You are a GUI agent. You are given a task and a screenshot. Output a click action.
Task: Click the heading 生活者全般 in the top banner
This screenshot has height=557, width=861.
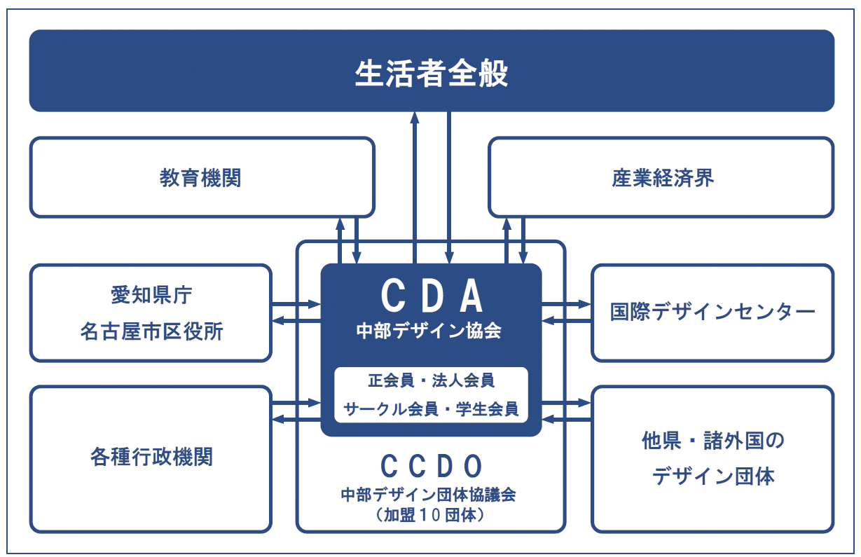431,73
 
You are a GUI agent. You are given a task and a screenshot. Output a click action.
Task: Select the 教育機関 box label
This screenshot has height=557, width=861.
200,178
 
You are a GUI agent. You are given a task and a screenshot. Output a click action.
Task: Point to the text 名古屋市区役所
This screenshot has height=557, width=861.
151,331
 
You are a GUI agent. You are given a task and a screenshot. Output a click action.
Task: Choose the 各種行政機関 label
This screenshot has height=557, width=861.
151,457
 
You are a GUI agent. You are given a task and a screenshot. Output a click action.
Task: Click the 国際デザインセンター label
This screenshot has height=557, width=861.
712,312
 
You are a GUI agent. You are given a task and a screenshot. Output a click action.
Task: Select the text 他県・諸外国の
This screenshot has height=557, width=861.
712,441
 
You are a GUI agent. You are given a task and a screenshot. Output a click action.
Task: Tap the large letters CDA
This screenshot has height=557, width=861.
432,297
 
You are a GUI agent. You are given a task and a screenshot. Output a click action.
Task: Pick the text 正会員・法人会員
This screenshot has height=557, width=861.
432,380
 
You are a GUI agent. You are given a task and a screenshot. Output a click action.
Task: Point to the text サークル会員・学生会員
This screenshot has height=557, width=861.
432,409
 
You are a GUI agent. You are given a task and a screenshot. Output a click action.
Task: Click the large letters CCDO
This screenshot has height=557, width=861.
432,465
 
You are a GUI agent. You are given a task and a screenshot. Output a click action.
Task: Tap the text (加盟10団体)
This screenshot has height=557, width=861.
432,514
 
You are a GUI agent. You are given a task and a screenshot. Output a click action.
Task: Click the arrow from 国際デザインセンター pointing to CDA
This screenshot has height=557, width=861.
567,321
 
